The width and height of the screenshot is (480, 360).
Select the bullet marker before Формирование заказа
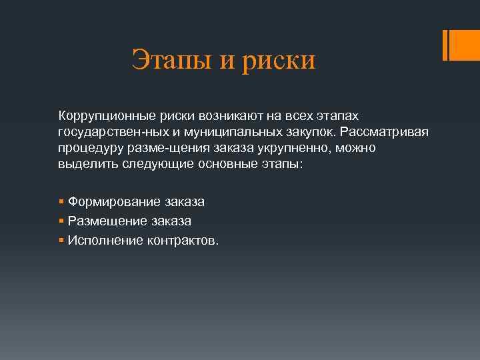[x=61, y=201]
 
